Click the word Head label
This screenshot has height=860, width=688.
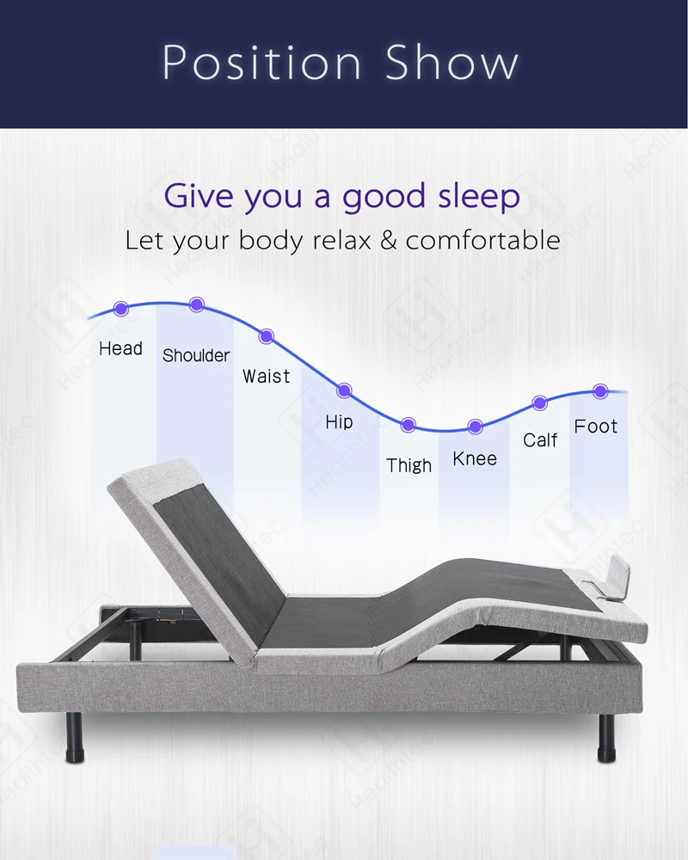(x=120, y=348)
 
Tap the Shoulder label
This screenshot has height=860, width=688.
(x=196, y=355)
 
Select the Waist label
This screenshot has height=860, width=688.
(x=266, y=376)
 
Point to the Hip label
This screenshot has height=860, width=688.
(x=339, y=422)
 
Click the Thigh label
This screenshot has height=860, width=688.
(x=408, y=465)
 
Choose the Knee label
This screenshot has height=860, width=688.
(x=475, y=458)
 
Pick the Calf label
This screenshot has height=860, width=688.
(x=540, y=439)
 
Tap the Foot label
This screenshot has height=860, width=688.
(x=596, y=426)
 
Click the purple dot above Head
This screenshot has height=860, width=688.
(x=121, y=307)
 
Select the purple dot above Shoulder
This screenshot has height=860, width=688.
(x=197, y=304)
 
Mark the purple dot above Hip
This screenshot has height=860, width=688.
(x=344, y=390)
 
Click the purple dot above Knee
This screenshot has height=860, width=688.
(x=475, y=427)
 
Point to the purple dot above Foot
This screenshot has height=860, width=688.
(x=600, y=391)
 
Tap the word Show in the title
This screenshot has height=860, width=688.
(x=451, y=63)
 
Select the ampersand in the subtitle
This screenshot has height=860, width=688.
(x=389, y=240)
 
